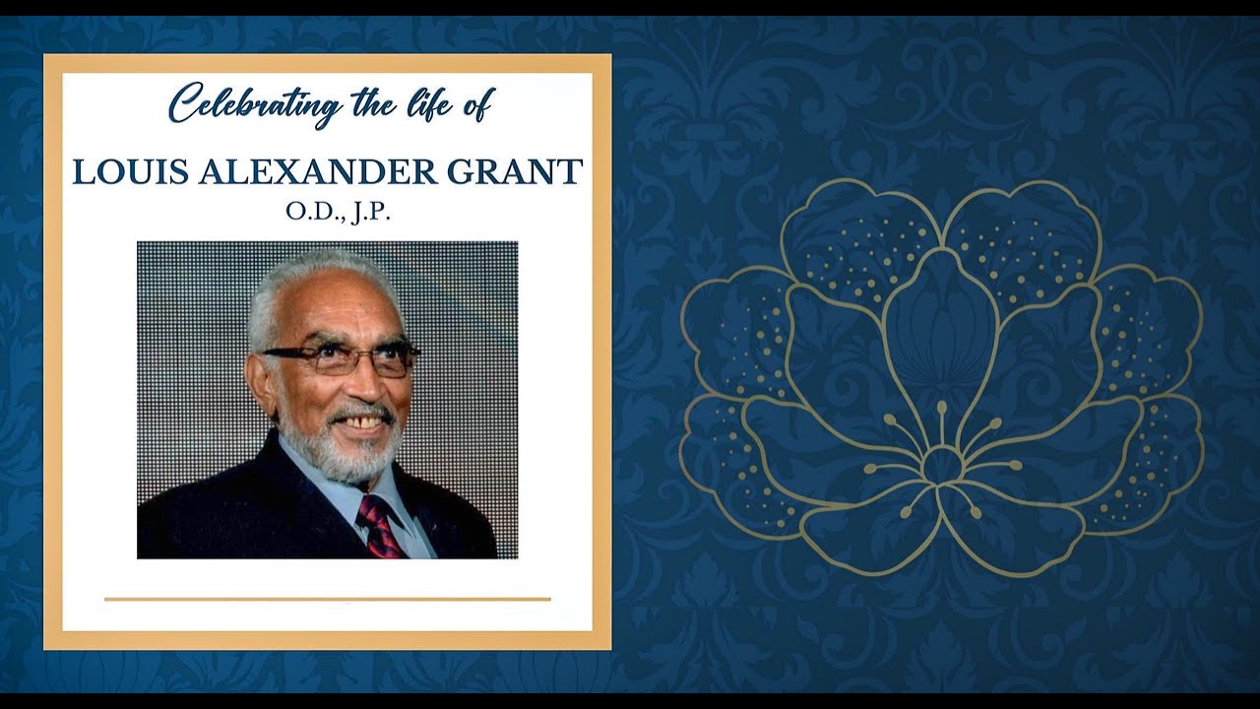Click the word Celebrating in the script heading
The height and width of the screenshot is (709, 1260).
coord(254,103)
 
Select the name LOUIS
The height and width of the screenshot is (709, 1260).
coord(131,171)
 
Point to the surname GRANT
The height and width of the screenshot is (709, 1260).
coord(514,171)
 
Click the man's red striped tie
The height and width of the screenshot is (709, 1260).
coord(380,526)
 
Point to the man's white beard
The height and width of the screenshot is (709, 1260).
coord(345,453)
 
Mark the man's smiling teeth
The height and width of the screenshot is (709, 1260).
coord(362,422)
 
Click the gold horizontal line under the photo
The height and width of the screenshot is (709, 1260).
coord(327,598)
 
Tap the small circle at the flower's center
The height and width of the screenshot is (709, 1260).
coord(941,464)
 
